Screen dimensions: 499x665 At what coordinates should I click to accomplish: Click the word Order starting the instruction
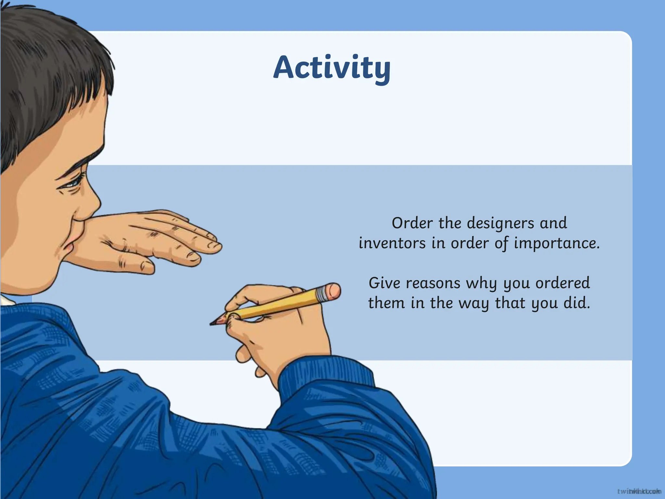pos(412,223)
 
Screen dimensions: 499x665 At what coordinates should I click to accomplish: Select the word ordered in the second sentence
pos(562,283)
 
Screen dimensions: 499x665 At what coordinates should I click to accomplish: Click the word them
pos(386,303)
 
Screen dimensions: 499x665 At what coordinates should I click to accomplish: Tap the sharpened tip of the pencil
pos(212,323)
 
